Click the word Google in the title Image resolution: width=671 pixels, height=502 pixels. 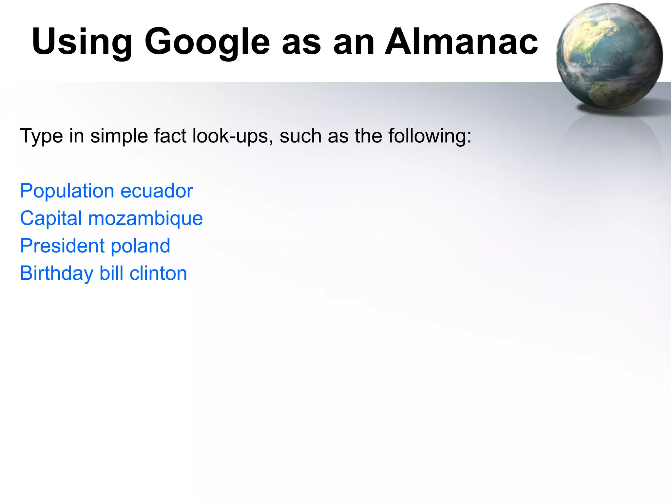(207, 42)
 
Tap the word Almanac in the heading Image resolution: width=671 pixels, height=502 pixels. (461, 42)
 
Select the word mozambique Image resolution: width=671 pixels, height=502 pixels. (145, 218)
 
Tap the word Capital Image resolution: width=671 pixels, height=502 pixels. (51, 218)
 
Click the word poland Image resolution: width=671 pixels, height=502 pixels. (140, 246)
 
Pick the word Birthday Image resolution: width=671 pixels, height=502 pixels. (57, 273)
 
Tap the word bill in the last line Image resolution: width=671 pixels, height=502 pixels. (111, 273)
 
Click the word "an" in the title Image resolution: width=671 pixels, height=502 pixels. (354, 42)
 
